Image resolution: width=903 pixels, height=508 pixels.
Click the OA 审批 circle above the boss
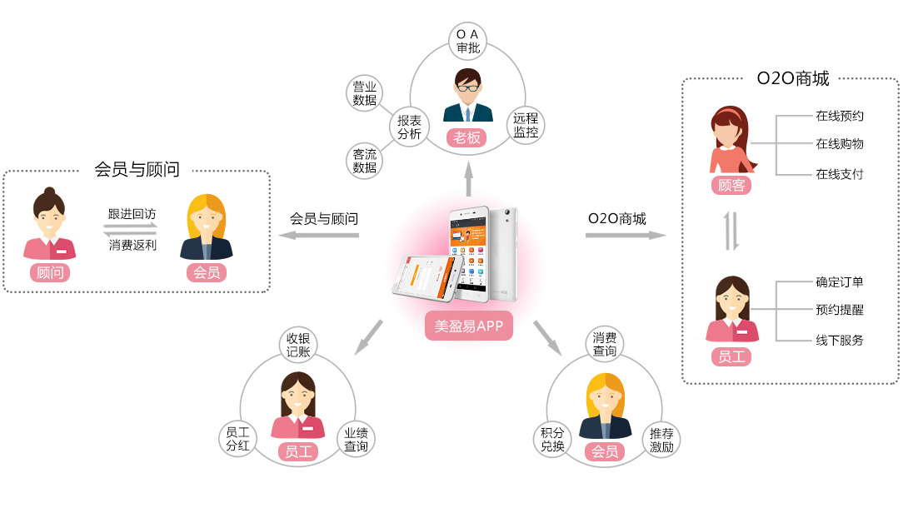[x=468, y=41]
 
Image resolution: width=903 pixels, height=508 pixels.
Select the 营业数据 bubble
[x=364, y=93]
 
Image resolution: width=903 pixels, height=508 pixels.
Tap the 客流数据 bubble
[x=364, y=161]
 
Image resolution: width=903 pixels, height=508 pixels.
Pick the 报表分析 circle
[x=409, y=127]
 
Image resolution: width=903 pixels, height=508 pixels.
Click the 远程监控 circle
[x=526, y=126]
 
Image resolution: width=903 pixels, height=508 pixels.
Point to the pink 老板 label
[x=467, y=137]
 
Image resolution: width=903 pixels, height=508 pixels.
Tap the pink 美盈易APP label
[x=469, y=326]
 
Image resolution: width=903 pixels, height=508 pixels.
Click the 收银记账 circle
[x=298, y=345]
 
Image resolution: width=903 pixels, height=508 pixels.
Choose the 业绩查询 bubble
[x=356, y=439]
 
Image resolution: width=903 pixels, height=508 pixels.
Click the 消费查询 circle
[x=605, y=345]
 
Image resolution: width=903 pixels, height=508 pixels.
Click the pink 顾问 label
[x=50, y=272]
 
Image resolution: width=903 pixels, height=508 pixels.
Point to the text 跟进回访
[x=132, y=214]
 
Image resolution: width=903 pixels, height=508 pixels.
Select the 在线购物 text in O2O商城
[x=839, y=144]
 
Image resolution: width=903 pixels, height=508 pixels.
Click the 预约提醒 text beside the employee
[x=839, y=310]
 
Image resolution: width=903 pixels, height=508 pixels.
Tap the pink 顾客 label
[x=731, y=185]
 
